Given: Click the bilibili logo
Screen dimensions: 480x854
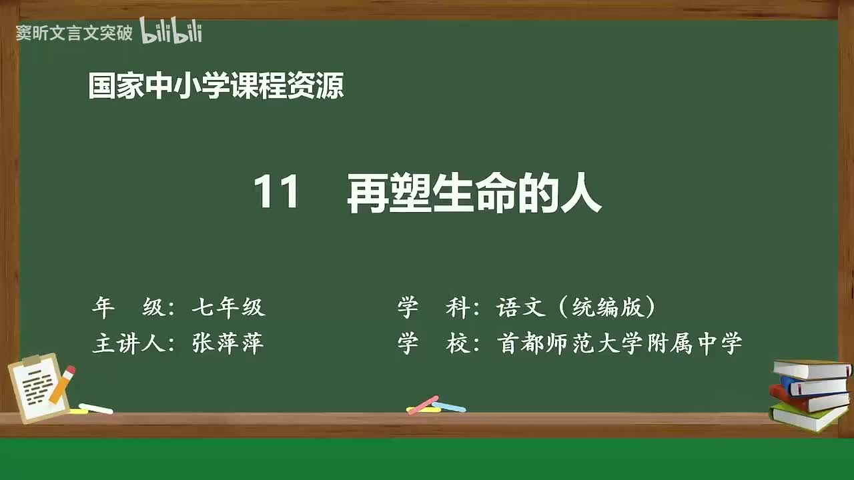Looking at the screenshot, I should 171,31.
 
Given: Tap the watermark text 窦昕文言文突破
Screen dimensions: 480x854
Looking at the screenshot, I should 74,33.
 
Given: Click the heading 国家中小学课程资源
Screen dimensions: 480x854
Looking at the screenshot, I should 216,87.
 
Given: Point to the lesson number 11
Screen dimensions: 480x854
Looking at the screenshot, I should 276,195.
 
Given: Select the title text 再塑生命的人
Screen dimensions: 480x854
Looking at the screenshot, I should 474,195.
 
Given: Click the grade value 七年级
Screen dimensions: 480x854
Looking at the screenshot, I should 228,307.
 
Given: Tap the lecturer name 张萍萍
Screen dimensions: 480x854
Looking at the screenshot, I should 228,343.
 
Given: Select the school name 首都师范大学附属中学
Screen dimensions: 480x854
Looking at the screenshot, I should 619,343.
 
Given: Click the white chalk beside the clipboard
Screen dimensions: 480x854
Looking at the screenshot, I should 95,408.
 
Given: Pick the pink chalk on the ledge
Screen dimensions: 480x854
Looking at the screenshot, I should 423,404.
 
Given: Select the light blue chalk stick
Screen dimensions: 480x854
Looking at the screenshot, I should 449,406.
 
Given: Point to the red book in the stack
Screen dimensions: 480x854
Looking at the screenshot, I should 807,401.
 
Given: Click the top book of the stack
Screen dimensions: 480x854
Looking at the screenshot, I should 811,369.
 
